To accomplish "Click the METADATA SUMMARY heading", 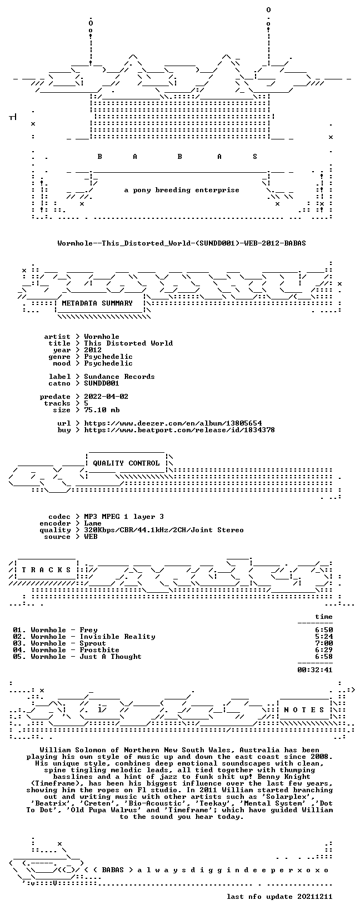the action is tap(97, 303).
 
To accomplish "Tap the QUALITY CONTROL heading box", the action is tap(126, 463).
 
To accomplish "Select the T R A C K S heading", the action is tap(46, 569).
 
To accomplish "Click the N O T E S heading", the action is tap(304, 709).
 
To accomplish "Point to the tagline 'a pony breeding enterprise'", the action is tap(182, 190).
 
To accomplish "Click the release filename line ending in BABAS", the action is tap(182, 243).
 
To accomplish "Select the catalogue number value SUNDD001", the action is tap(102, 383).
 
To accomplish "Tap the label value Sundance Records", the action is tap(119, 377).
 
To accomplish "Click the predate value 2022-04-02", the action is tap(106, 397).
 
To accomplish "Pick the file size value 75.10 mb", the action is tap(102, 410).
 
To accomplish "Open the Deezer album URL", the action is tap(173, 423).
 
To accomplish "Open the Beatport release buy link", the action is tap(179, 430).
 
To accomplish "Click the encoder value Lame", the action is tap(93, 523).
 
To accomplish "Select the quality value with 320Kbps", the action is tap(164, 530).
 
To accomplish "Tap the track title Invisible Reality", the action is tap(117, 637).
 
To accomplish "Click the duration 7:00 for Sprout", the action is tap(324, 643).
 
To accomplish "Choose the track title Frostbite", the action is tap(99, 650).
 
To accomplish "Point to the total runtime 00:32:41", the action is tap(315, 670).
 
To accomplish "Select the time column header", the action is tap(324, 617).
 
